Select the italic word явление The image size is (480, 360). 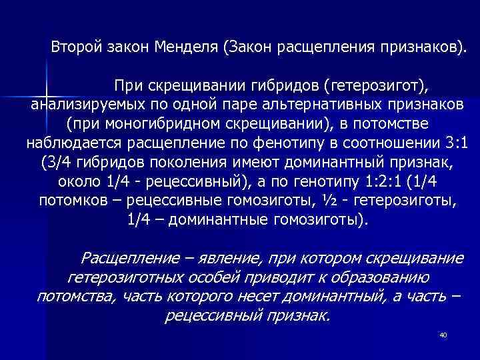(x=211, y=258)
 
